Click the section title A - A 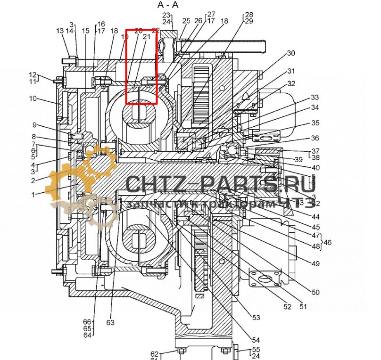[168, 5]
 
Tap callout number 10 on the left [33, 98]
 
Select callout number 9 [34, 125]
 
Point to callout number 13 [59, 31]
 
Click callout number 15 [85, 31]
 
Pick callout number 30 [291, 53]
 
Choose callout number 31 [291, 71]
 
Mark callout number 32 [291, 84]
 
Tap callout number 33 [315, 98]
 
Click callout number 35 [315, 123]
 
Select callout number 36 [315, 138]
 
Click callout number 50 [315, 292]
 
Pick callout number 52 [288, 307]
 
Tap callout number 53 [256, 318]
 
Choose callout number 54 [256, 340]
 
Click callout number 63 [110, 323]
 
